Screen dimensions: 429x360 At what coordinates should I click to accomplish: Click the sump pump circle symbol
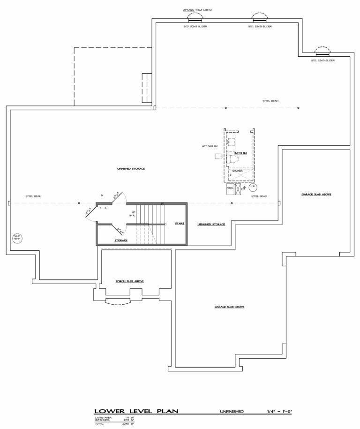[x=17, y=237]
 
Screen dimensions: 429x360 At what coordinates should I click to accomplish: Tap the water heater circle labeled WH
[x=253, y=187]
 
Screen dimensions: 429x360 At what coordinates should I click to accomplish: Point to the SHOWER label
[x=238, y=171]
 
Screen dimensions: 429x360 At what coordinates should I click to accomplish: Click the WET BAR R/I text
[x=210, y=146]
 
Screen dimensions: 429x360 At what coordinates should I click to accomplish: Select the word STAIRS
[x=180, y=224]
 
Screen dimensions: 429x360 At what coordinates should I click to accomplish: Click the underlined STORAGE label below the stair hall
[x=121, y=240]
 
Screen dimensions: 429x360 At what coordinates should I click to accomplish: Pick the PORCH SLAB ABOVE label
[x=129, y=281]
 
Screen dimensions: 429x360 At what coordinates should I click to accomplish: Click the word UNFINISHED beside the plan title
[x=232, y=411]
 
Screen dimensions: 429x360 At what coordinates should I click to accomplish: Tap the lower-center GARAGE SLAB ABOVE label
[x=230, y=307]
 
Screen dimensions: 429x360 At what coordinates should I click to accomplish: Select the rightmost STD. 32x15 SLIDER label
[x=323, y=60]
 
